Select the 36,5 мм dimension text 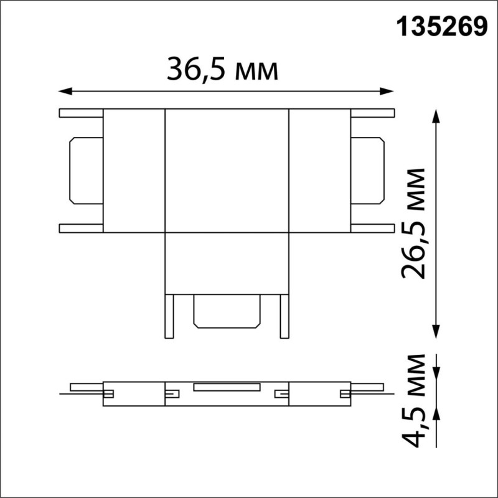[222, 70]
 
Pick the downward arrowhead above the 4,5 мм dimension [436, 372]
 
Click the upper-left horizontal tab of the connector [81, 114]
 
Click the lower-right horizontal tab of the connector [373, 228]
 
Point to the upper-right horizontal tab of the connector [373, 114]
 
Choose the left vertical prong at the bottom [169, 317]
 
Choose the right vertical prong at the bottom [284, 317]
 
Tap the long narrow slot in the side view [227, 387]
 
